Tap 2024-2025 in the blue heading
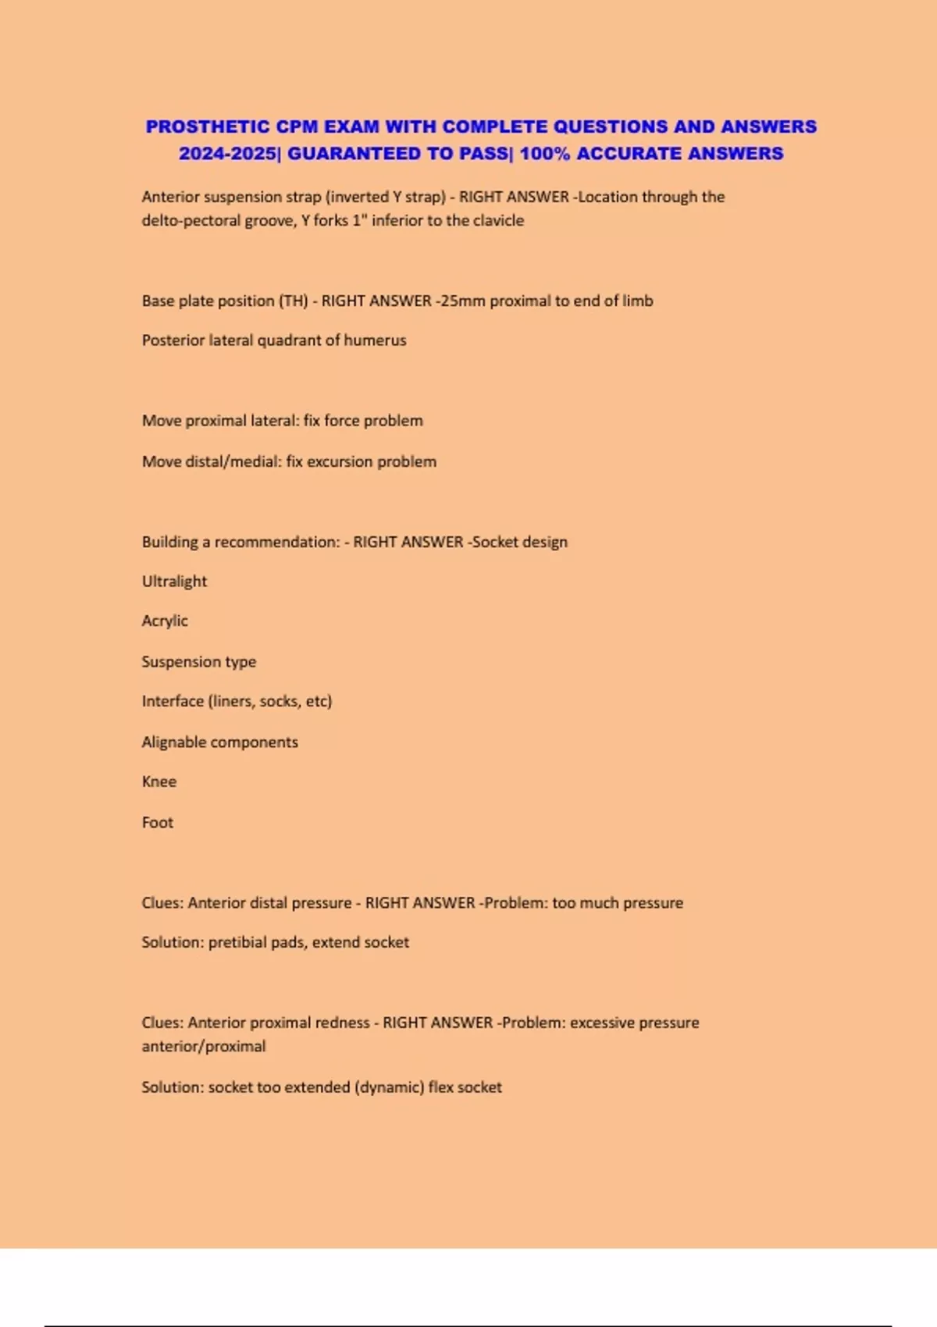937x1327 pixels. [226, 153]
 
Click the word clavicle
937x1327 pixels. [497, 221]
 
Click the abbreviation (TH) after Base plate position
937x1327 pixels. [294, 301]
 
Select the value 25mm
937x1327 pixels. [463, 301]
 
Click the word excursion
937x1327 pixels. [340, 461]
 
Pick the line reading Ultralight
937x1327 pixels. [174, 582]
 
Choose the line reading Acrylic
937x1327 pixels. [165, 621]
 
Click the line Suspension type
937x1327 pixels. [198, 662]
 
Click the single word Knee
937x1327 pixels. [159, 782]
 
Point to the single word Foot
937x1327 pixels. [158, 823]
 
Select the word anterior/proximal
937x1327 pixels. [203, 1047]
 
